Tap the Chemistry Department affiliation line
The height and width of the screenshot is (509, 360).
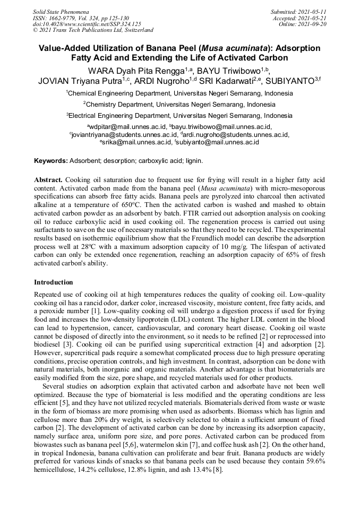pos(179,104)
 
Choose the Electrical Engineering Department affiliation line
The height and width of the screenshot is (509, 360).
pos(179,115)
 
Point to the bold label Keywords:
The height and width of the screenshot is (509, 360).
pos(51,160)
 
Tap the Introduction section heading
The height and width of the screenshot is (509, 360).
pos(54,282)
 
